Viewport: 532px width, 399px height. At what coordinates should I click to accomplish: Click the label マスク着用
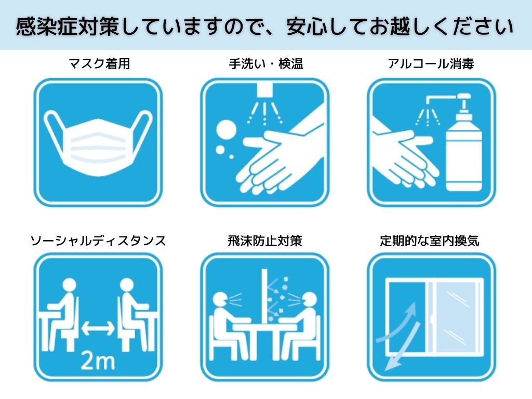(x=99, y=64)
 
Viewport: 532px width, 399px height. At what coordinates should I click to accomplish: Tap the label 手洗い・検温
(x=265, y=64)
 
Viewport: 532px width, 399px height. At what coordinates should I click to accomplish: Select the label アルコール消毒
(x=431, y=64)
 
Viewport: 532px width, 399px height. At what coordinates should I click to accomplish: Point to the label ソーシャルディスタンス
(x=98, y=241)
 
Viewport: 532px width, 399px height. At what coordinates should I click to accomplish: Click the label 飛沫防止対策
(x=265, y=241)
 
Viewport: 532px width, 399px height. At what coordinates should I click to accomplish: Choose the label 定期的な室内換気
(x=430, y=241)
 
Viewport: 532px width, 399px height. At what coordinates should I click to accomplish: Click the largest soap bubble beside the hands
(x=227, y=130)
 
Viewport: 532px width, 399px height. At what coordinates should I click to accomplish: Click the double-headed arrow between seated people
(x=98, y=328)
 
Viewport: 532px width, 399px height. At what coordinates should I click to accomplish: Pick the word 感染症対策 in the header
(x=67, y=26)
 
